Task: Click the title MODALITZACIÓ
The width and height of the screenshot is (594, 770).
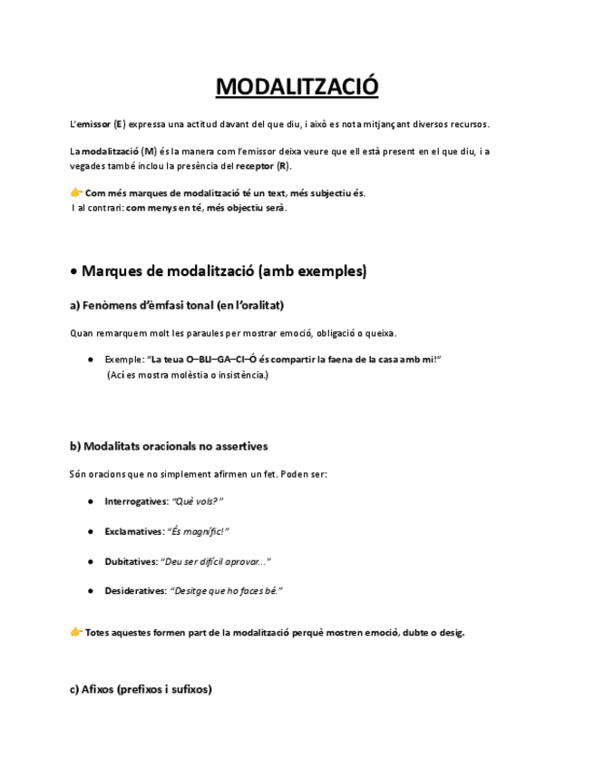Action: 297,87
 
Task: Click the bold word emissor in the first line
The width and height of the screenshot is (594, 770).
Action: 93,123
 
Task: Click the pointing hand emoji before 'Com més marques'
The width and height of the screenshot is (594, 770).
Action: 76,192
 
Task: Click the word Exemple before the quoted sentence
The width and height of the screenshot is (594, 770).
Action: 122,360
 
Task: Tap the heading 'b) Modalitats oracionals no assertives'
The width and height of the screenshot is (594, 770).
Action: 169,446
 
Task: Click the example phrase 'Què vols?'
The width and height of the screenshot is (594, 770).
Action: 198,501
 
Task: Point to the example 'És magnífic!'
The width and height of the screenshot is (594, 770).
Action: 199,531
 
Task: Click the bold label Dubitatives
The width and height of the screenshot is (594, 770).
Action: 131,561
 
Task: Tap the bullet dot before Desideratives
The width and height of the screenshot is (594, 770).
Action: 92,591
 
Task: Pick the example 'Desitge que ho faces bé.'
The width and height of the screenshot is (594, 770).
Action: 227,591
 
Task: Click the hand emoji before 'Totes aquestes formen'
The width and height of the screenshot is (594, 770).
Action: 76,632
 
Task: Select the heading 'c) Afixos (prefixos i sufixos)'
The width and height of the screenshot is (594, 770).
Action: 141,689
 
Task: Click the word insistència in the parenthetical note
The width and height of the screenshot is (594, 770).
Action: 239,374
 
